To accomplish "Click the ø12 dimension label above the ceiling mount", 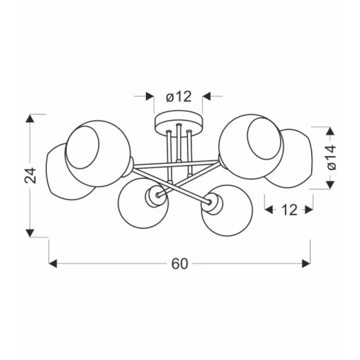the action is pyautogui.click(x=179, y=97).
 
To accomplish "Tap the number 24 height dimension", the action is pyautogui.click(x=31, y=175).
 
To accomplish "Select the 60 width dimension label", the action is pyautogui.click(x=180, y=264).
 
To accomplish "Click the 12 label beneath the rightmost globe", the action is pyautogui.click(x=289, y=210).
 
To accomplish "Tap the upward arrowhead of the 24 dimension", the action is pyautogui.click(x=30, y=118).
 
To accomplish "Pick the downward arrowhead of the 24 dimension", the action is pyautogui.click(x=30, y=233).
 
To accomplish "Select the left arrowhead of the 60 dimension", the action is pyautogui.click(x=53, y=264).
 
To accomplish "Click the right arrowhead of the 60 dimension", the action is pyautogui.click(x=306, y=264).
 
